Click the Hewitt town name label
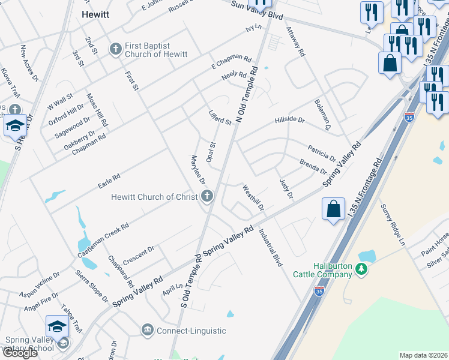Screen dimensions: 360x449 pos(95,14)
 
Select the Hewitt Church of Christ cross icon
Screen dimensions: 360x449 pos(207,196)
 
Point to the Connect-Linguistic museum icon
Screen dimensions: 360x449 pos(147,330)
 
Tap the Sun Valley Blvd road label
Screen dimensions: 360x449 pos(257,10)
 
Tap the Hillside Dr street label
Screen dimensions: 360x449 pos(290,120)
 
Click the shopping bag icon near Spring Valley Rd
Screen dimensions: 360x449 pos(333,209)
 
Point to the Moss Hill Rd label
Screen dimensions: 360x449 pos(97,109)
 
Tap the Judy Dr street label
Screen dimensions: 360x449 pos(286,188)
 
